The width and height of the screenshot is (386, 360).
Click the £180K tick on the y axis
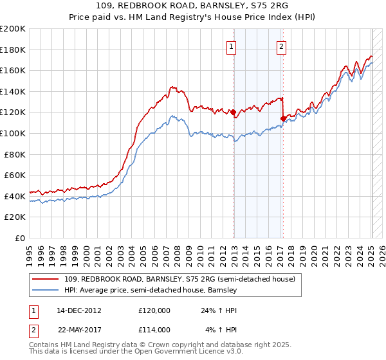[x=13, y=50]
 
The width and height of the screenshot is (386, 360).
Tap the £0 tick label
[x=20, y=238]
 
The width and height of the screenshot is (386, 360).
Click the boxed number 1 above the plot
[x=231, y=46]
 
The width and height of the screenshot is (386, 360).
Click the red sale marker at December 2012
[x=234, y=112]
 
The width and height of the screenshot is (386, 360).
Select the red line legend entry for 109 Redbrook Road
[x=179, y=279]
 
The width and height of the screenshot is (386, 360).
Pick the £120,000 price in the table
[x=154, y=310]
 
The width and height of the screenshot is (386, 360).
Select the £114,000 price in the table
[x=154, y=329]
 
